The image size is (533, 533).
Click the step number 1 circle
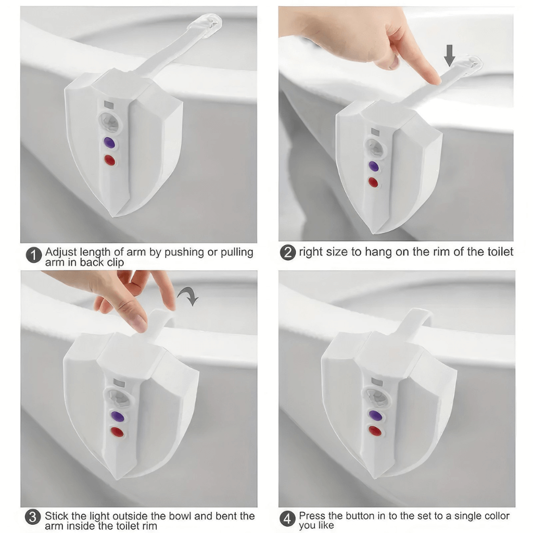coord(34,256)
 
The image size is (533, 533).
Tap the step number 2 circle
coord(288,253)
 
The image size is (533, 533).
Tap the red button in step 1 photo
coord(110,160)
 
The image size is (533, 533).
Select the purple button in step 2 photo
coord(373,166)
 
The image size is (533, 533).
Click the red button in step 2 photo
coord(373,182)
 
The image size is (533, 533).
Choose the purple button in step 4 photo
coord(374,415)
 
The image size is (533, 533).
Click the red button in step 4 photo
coord(374,431)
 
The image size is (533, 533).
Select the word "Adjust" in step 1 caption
coord(59,252)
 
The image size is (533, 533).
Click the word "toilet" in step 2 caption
coord(498,252)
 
